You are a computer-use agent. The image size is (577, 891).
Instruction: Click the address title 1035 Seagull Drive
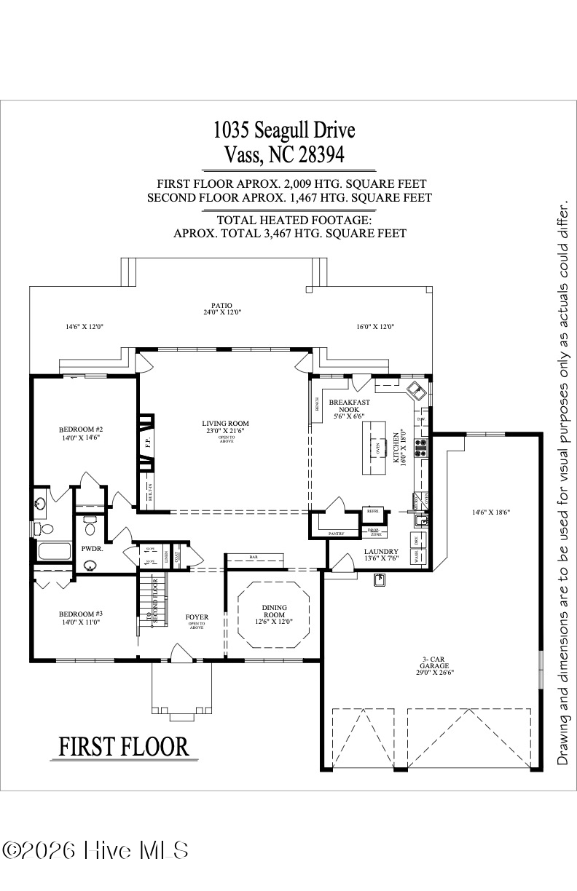click(284, 130)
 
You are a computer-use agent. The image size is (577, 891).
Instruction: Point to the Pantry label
click(336, 534)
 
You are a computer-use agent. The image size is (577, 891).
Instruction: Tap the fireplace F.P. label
click(147, 440)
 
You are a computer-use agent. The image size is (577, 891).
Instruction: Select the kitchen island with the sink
click(377, 447)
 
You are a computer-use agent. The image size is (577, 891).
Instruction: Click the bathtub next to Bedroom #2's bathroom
click(52, 551)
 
